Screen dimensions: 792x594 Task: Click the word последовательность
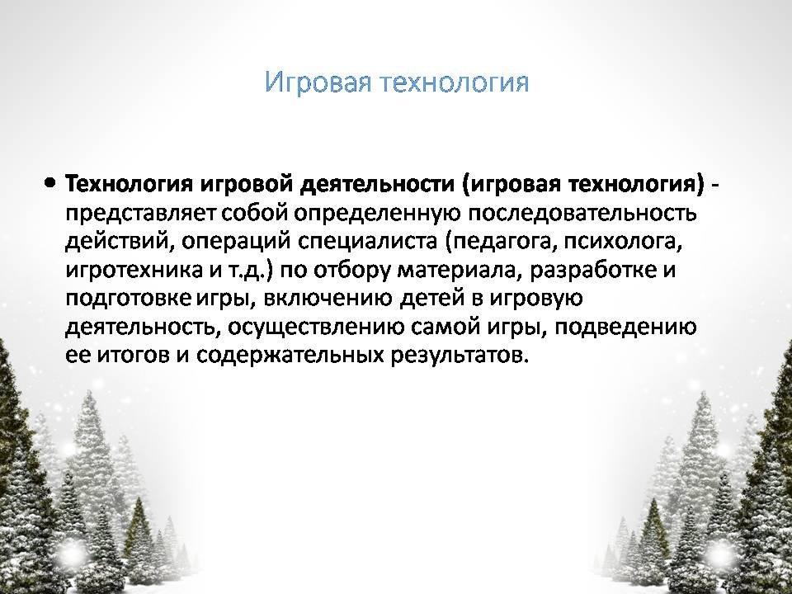coord(582,213)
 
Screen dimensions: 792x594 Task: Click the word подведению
coord(625,328)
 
